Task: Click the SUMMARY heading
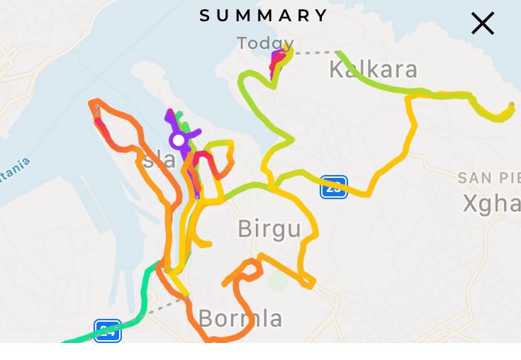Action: click(264, 16)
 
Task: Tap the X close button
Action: click(482, 23)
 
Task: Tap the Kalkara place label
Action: click(373, 69)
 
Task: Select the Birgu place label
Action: click(269, 229)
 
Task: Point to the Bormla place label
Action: click(240, 318)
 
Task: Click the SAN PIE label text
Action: click(489, 177)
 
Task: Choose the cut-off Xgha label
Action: click(491, 203)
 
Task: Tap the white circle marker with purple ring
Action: click(179, 140)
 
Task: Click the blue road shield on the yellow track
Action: click(333, 187)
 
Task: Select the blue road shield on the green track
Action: click(108, 331)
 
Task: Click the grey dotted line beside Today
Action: click(315, 52)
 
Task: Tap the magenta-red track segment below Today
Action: click(275, 66)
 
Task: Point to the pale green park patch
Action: click(279, 281)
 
